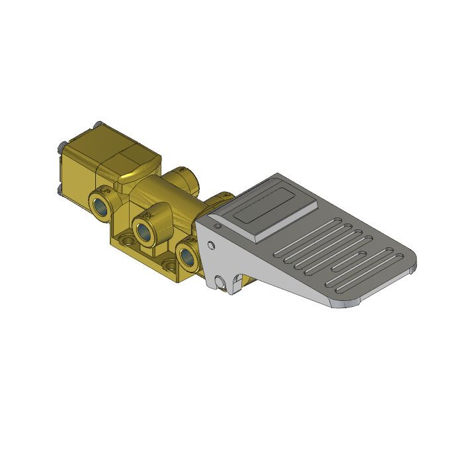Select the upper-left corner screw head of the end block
click(x=61, y=146)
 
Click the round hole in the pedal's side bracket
click(x=211, y=246)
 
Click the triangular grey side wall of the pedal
click(x=265, y=271)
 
